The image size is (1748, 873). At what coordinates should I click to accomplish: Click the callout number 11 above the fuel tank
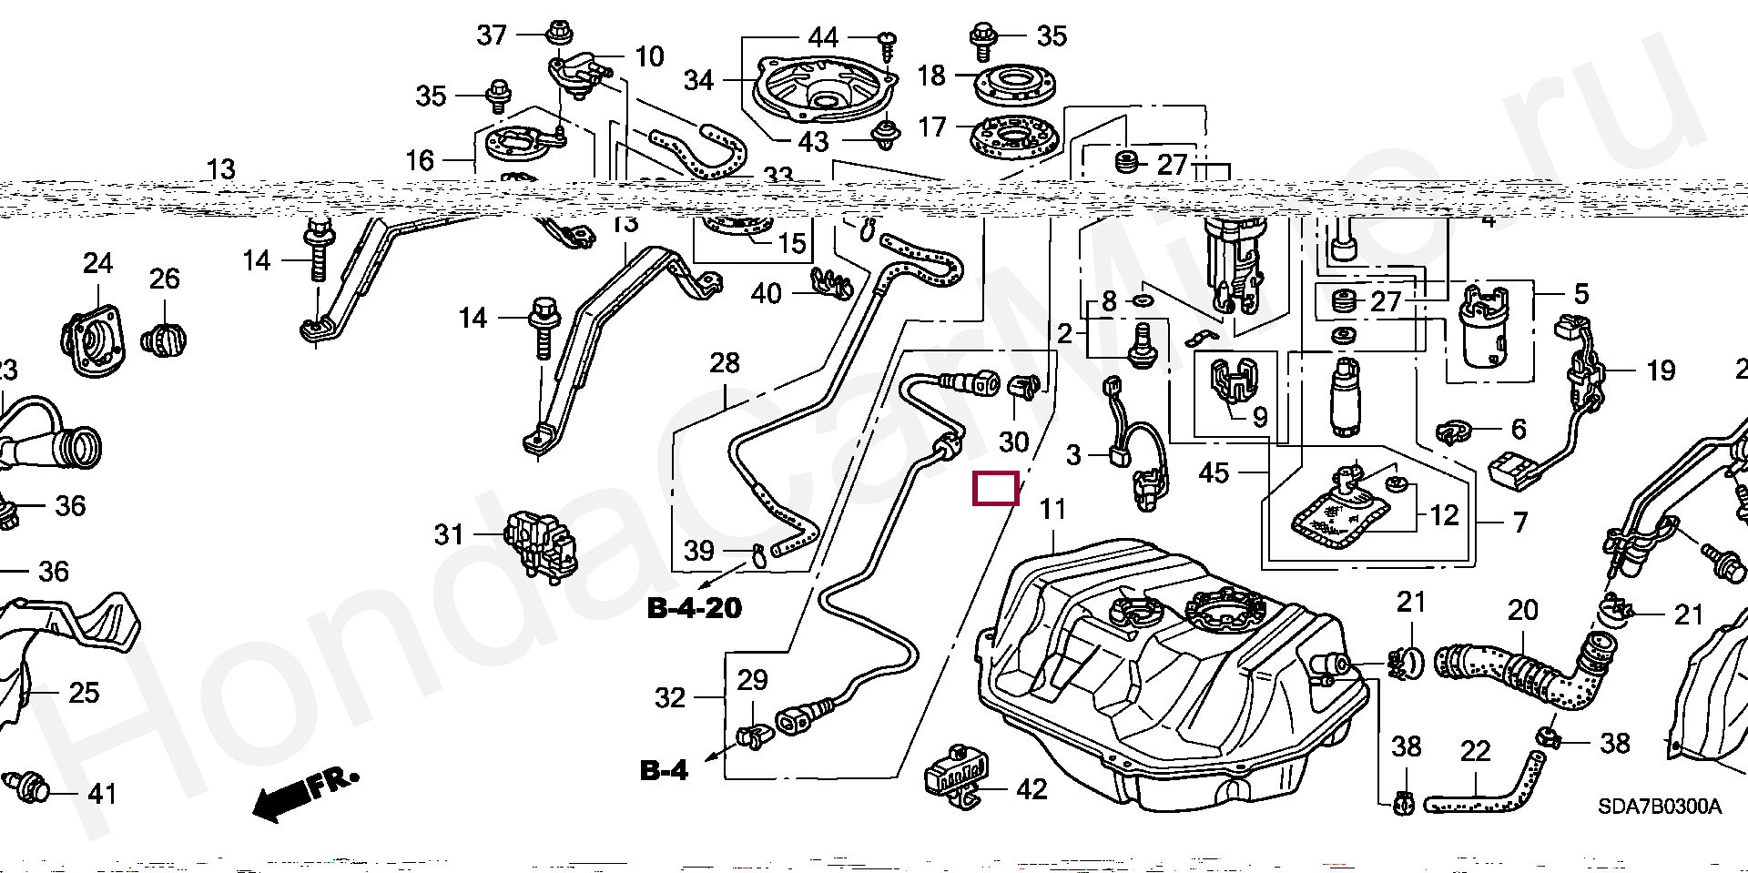click(1052, 509)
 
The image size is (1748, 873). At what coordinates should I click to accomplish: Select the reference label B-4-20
click(694, 607)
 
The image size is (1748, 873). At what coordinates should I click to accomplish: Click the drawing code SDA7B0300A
click(1659, 807)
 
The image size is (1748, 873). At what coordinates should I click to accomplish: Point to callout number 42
click(1031, 788)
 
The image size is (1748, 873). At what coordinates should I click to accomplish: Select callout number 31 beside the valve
click(448, 534)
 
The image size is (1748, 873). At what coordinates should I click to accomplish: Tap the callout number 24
click(97, 264)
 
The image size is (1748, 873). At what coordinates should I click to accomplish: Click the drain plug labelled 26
click(164, 340)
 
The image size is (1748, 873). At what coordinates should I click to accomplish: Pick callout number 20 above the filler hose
click(1522, 610)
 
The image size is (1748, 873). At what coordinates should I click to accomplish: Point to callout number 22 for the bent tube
click(1475, 751)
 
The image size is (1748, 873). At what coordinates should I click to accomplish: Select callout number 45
click(1214, 472)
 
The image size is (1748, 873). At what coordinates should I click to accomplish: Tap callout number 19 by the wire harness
click(1661, 371)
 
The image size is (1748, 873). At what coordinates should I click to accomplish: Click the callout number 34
click(698, 80)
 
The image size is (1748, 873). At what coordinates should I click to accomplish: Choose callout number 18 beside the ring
click(931, 76)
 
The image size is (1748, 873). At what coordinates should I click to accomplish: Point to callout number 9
click(1260, 417)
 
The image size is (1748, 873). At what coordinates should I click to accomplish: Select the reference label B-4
click(664, 770)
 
